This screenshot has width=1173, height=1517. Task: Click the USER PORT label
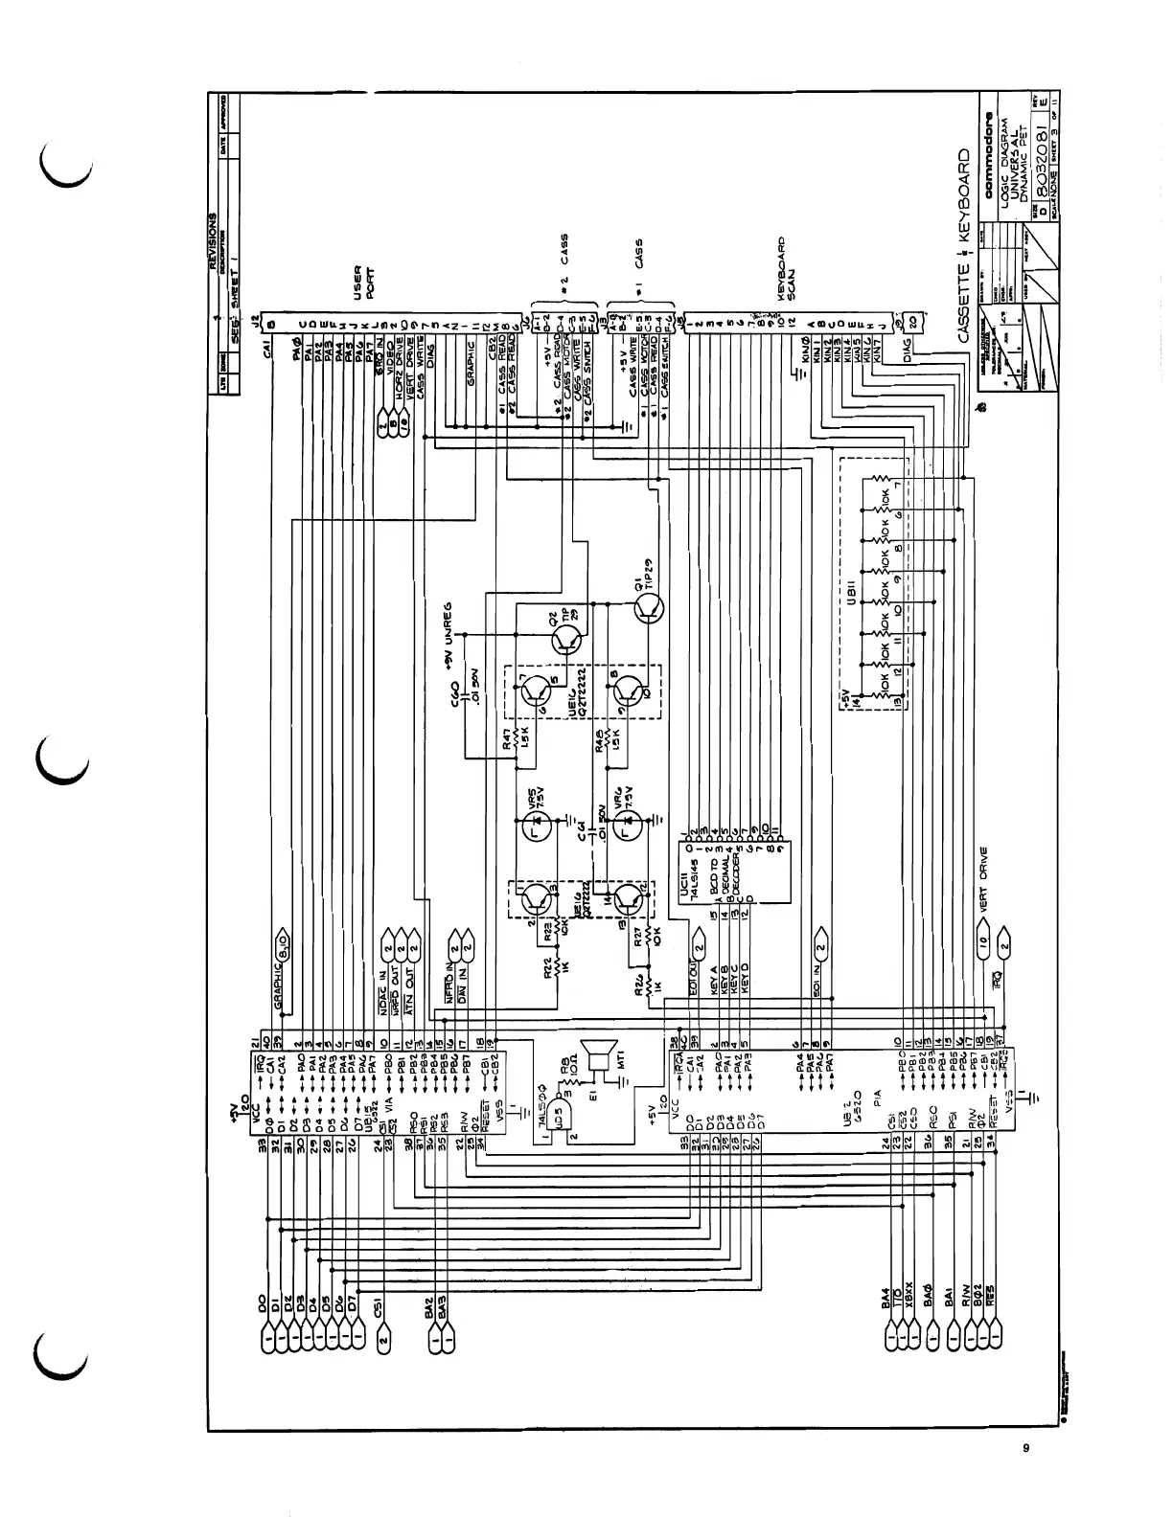point(363,283)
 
